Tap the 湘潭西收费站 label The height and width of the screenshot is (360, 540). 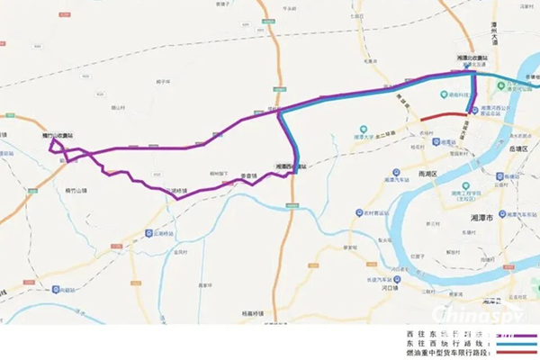coord(290,166)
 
